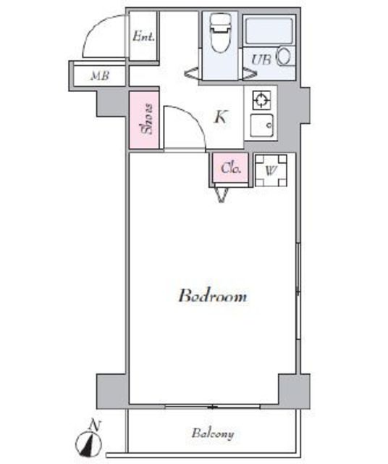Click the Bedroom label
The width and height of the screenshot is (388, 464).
tap(213, 297)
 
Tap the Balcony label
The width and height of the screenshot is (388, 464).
tap(213, 434)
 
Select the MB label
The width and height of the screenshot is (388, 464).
tap(100, 75)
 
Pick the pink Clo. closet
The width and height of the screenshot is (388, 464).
tap(231, 169)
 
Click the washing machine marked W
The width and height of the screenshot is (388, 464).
tap(271, 171)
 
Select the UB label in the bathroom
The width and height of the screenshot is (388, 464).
tap(261, 60)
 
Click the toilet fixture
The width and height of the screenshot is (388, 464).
tap(218, 35)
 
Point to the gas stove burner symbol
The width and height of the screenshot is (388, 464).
tap(261, 100)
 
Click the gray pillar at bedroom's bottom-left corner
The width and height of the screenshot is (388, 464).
tap(112, 391)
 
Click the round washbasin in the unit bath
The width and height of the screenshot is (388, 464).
tap(284, 57)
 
